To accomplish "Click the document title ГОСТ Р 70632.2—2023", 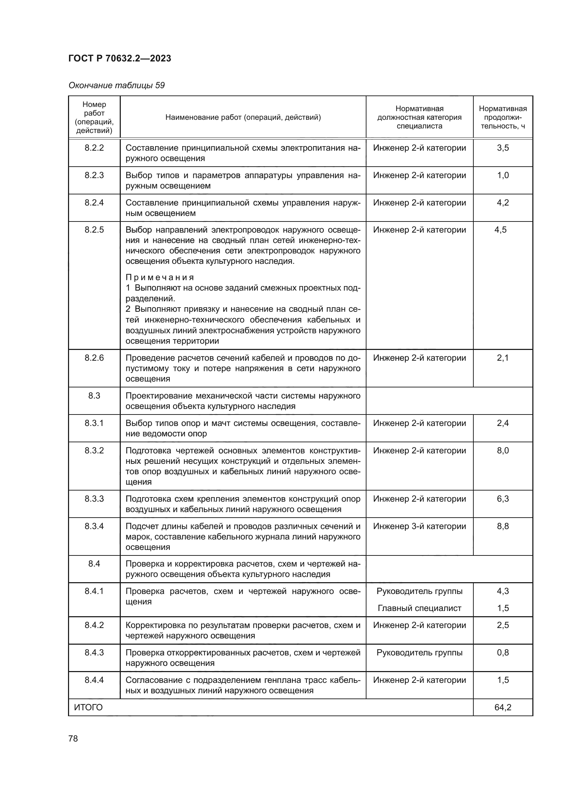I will click(119, 58).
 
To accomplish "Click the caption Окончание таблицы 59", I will click(116, 85).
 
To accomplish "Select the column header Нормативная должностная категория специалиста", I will click(419, 117).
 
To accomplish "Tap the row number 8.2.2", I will click(94, 148).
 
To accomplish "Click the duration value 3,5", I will click(503, 148).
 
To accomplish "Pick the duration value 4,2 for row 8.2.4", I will click(503, 203).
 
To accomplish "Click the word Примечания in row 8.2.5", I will click(160, 277).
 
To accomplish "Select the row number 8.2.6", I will click(94, 358).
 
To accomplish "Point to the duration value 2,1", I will click(503, 358).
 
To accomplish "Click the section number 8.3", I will click(94, 396).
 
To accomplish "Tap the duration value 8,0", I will click(503, 451).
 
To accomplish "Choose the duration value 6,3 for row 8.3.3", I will click(503, 499).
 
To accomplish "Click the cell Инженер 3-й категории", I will click(419, 526).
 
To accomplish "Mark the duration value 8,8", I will click(503, 526).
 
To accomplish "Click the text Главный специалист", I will click(419, 608).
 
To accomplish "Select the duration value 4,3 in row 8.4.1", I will click(503, 591).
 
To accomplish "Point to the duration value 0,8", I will click(503, 653).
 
